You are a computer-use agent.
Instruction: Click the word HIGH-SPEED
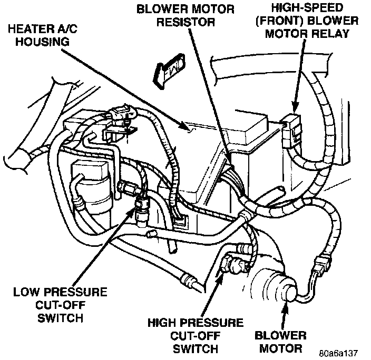303,7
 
